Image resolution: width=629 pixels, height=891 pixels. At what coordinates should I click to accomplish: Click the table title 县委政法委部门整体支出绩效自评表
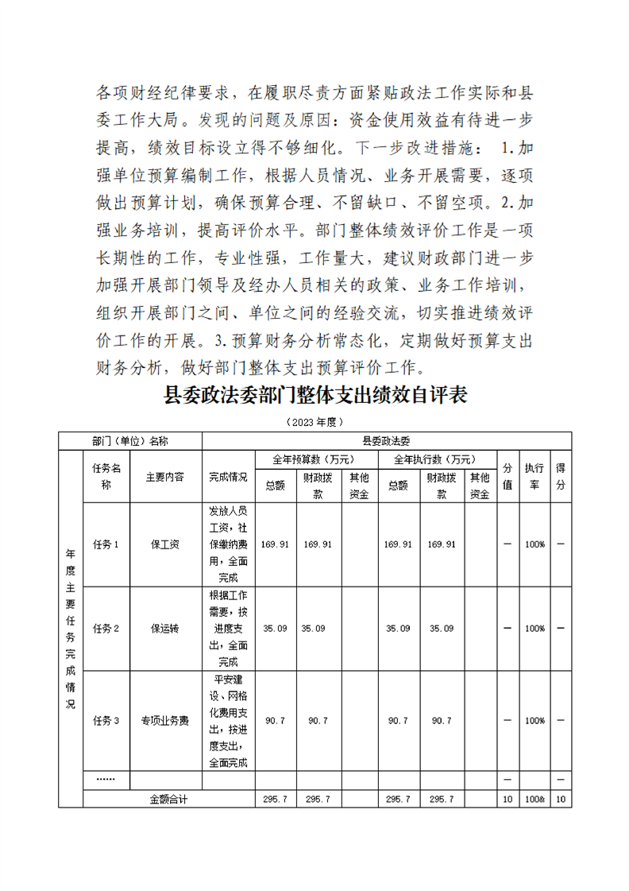pos(314,396)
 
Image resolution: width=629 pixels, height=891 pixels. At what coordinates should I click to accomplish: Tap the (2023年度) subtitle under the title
pos(314,420)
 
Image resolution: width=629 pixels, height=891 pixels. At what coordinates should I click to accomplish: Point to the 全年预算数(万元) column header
pos(314,459)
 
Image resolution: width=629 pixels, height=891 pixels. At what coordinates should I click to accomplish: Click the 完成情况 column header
pos(228,477)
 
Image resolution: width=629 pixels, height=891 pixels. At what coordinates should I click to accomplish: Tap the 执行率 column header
pos(534,477)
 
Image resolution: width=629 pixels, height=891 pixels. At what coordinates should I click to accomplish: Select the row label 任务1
pos(106,544)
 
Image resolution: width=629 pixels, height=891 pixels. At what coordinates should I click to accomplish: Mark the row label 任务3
pos(106,721)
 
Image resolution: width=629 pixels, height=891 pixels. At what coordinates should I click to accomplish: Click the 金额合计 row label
pos(168,799)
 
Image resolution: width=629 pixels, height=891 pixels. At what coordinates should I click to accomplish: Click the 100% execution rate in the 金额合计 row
pos(534,799)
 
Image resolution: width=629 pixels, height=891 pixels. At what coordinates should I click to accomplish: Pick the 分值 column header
pos(507,477)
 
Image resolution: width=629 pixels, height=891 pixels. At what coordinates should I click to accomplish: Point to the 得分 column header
pos(560,477)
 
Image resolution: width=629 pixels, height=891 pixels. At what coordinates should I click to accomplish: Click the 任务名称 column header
pos(106,477)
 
